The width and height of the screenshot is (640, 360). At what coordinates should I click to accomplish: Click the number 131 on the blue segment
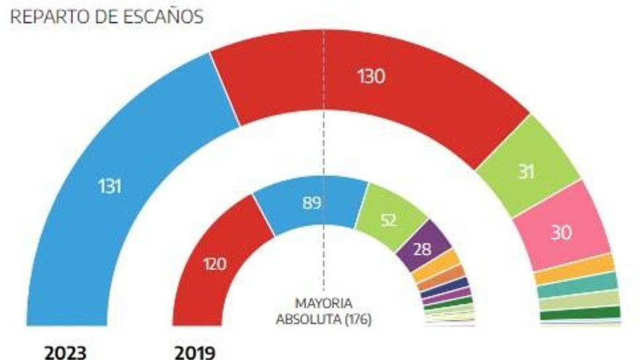click(x=110, y=186)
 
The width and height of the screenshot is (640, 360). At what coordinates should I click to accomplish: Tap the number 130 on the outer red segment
click(x=371, y=76)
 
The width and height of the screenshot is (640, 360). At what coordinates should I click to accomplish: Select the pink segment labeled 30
click(x=571, y=226)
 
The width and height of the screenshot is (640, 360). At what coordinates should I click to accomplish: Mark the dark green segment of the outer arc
click(x=580, y=313)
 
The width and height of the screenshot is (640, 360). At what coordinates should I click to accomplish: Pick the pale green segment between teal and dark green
click(x=580, y=299)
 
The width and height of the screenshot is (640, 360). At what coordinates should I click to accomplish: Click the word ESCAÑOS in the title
click(x=164, y=17)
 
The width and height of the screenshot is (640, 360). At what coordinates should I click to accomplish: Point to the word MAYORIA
click(x=324, y=303)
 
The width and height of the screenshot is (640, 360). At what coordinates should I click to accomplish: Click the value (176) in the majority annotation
click(x=357, y=319)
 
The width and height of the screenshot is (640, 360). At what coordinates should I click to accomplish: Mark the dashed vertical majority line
click(x=324, y=145)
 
